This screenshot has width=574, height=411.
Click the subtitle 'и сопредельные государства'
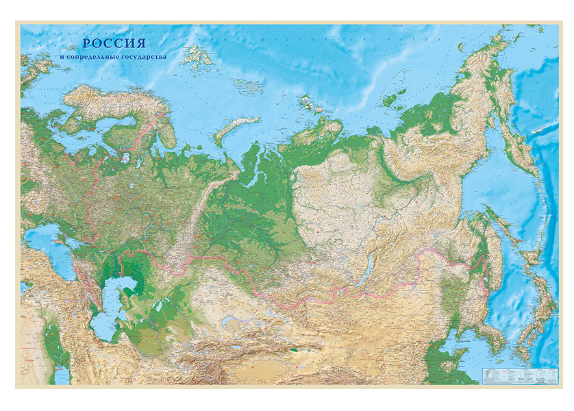click(113, 57)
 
